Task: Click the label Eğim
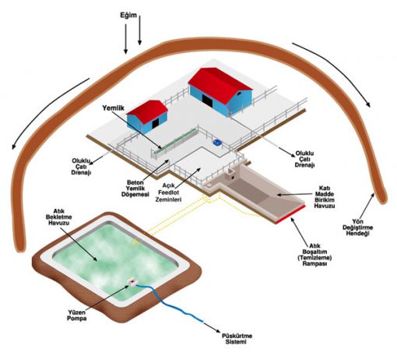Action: tap(128, 16)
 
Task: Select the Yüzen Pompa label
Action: tap(77, 315)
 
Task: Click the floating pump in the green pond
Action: tap(132, 281)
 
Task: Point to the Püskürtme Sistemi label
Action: tap(237, 339)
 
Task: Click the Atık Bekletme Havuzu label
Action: tap(59, 217)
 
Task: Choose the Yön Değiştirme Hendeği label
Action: tap(358, 228)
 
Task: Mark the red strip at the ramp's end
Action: tap(290, 214)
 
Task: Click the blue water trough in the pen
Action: tap(217, 142)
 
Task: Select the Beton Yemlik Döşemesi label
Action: tap(135, 188)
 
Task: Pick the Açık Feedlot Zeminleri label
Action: tap(168, 192)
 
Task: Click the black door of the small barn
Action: tap(155, 123)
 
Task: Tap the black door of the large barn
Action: tap(208, 101)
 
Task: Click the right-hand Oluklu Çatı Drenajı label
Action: tap(304, 159)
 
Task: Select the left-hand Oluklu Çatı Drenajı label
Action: tap(81, 167)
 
